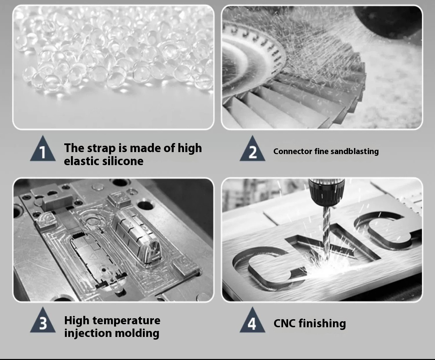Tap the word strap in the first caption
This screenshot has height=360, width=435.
pyautogui.click(x=101, y=148)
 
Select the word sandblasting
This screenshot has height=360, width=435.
pyautogui.click(x=355, y=151)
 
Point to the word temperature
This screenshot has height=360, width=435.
pyautogui.click(x=126, y=321)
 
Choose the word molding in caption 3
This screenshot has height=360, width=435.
pyautogui.click(x=137, y=333)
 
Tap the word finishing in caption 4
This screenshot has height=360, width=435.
pyautogui.click(x=322, y=324)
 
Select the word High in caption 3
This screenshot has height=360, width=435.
pyautogui.click(x=77, y=321)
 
